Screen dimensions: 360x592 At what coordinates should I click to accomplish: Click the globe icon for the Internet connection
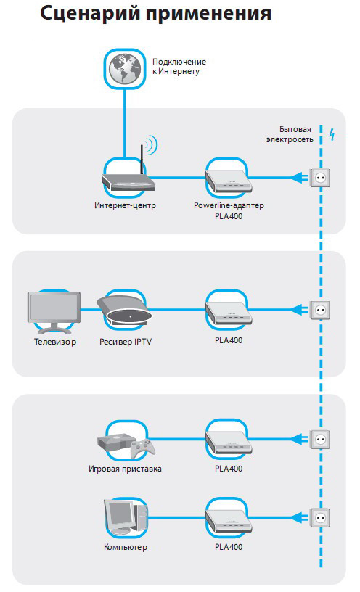tap(125, 69)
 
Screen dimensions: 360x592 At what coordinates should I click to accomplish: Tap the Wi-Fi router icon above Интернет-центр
tap(129, 173)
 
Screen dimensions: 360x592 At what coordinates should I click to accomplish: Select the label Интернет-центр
tap(125, 205)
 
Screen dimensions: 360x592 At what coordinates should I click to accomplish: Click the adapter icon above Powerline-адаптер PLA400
tap(229, 181)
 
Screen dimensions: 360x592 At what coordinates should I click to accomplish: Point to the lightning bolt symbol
tap(332, 134)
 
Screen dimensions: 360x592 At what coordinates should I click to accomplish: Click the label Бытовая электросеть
tap(290, 134)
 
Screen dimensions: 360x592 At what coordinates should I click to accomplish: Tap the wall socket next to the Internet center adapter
tap(320, 178)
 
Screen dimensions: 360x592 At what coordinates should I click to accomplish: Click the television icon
tap(54, 313)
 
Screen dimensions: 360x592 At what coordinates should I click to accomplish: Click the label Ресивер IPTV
tap(126, 342)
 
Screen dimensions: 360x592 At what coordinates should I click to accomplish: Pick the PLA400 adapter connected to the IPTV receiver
tap(229, 313)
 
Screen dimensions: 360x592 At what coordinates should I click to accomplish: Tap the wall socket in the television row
tap(320, 310)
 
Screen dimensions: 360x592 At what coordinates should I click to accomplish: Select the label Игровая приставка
tap(125, 469)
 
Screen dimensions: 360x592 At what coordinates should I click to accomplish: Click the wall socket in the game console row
tap(320, 439)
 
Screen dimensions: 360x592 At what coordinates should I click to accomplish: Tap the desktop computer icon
tap(126, 517)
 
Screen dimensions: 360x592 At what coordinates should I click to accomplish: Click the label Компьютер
tap(126, 547)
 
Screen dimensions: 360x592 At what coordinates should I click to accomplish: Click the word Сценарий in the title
tap(90, 14)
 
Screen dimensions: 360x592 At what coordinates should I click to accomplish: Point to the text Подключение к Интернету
tap(179, 67)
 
